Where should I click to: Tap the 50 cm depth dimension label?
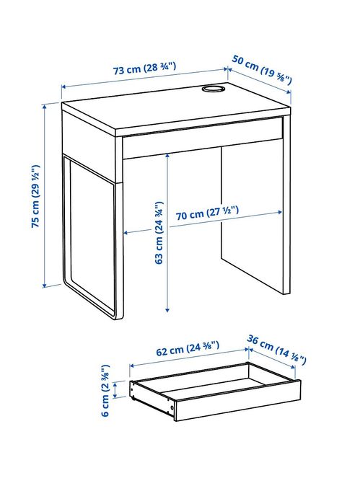click(x=262, y=69)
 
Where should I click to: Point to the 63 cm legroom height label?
click(x=159, y=233)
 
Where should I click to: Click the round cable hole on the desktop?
click(x=213, y=89)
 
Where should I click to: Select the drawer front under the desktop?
click(x=202, y=141)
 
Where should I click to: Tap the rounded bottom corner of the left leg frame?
click(x=115, y=313)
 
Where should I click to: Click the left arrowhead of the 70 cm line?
click(x=127, y=232)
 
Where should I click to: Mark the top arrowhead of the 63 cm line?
click(x=167, y=154)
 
